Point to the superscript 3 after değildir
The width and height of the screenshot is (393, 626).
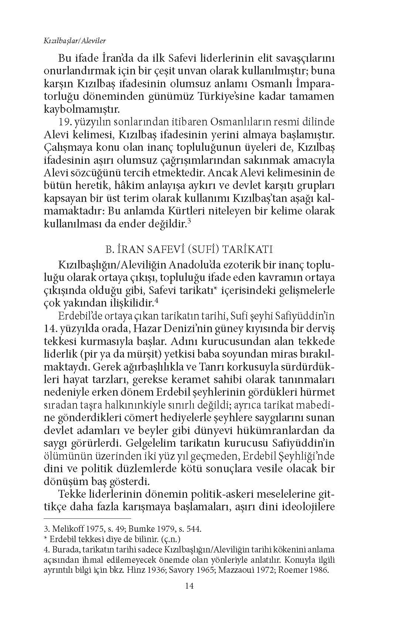tap(189, 222)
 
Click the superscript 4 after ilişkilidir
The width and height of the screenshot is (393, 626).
tap(157, 301)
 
